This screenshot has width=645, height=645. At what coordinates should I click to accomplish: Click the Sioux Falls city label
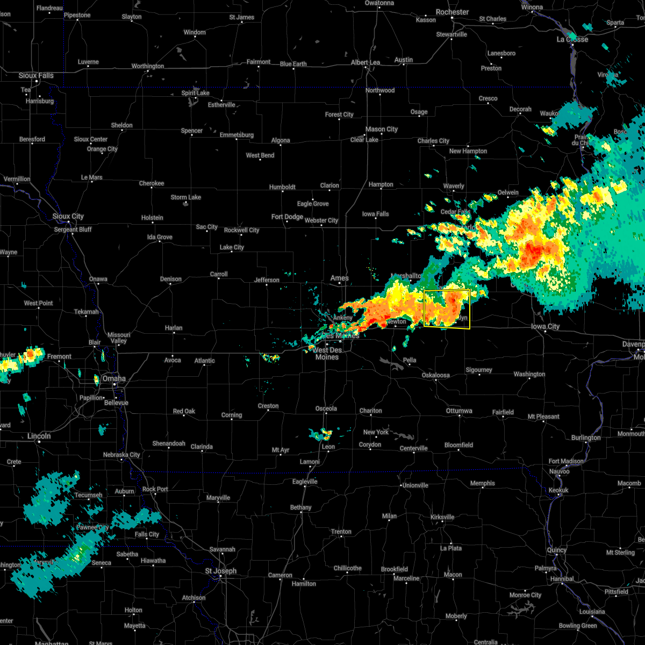click(36, 75)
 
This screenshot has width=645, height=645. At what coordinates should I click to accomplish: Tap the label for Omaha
click(114, 378)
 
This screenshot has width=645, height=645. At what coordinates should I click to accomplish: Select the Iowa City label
click(545, 326)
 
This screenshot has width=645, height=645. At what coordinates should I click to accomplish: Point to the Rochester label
click(452, 12)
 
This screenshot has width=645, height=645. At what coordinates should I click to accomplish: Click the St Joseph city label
click(220, 571)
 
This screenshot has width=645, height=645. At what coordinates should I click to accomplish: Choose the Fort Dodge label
click(287, 217)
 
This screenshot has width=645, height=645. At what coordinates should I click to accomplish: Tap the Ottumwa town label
click(459, 411)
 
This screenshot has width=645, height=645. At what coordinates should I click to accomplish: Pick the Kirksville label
click(442, 517)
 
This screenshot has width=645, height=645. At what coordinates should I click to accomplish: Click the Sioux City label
click(68, 216)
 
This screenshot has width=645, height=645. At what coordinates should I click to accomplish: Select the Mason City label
click(382, 129)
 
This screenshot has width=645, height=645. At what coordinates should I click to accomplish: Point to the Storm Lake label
click(186, 197)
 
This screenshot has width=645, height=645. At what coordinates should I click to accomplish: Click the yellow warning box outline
click(447, 290)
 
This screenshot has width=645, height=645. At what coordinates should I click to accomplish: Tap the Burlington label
click(586, 438)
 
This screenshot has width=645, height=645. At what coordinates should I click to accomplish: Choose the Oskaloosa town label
click(435, 375)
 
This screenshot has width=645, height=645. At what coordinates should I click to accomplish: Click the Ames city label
click(340, 278)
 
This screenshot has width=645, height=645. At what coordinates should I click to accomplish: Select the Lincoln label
click(39, 436)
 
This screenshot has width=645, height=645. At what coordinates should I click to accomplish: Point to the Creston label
click(268, 406)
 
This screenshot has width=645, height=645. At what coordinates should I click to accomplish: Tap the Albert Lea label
click(365, 62)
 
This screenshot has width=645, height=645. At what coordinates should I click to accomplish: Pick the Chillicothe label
click(347, 568)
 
